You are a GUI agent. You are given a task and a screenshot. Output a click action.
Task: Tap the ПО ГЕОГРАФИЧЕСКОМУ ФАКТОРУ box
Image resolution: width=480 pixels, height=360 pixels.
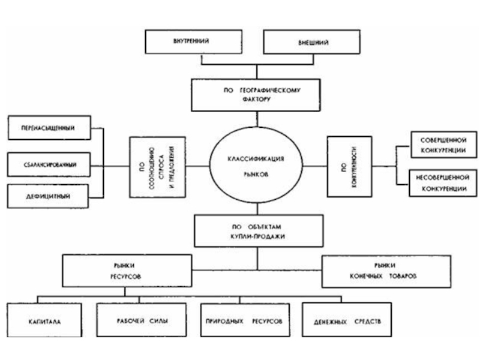[x=255, y=95]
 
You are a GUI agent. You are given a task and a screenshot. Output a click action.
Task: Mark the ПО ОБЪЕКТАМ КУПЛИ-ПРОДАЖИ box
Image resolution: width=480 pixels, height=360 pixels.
[x=257, y=232]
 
